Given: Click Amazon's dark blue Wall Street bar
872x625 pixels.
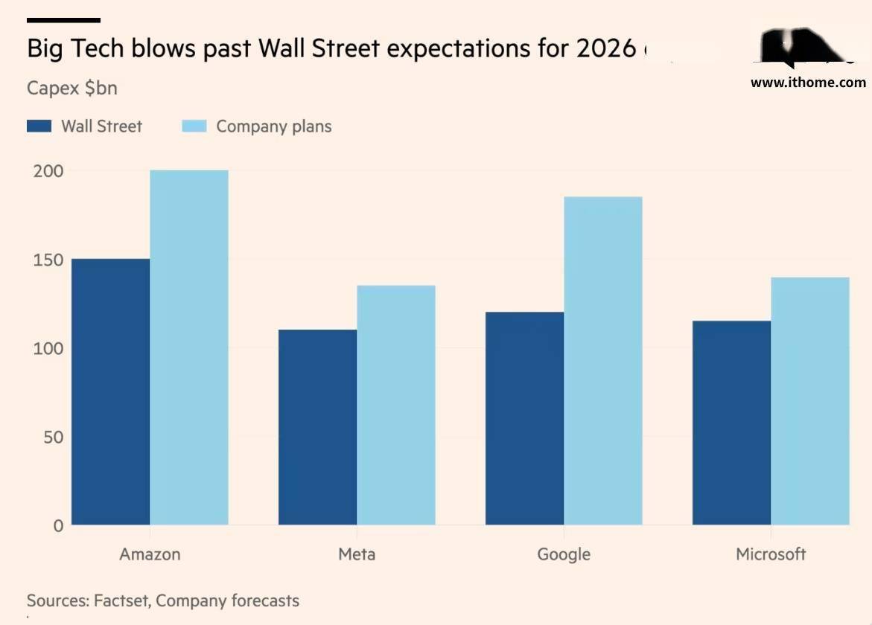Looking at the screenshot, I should pyautogui.click(x=111, y=392).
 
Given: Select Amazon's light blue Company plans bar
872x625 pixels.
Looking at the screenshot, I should pyautogui.click(x=189, y=347).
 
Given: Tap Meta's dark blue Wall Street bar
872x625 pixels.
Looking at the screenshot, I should pyautogui.click(x=317, y=427).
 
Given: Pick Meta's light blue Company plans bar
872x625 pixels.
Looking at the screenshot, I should pyautogui.click(x=396, y=406).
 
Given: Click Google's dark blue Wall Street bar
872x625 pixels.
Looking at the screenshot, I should pyautogui.click(x=524, y=418).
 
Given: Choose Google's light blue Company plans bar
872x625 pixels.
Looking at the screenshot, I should pyautogui.click(x=603, y=361).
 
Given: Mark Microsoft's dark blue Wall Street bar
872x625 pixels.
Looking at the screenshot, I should pyautogui.click(x=731, y=423).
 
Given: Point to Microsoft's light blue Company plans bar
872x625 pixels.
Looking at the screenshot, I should pyautogui.click(x=810, y=401).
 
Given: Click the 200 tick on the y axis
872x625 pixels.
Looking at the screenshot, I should pyautogui.click(x=48, y=171).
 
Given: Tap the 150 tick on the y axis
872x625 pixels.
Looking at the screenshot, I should pyautogui.click(x=48, y=260).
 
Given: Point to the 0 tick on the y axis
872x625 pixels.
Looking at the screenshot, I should pyautogui.click(x=57, y=526).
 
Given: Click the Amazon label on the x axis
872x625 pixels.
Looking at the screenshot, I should pyautogui.click(x=150, y=554).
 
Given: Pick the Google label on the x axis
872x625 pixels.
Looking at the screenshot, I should pyautogui.click(x=564, y=554).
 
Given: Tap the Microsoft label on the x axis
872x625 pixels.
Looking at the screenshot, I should pyautogui.click(x=771, y=554).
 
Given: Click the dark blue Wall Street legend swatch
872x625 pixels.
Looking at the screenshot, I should pyautogui.click(x=39, y=126).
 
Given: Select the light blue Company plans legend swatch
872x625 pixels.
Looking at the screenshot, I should pyautogui.click(x=194, y=126).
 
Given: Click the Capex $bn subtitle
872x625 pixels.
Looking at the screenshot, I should pyautogui.click(x=72, y=88).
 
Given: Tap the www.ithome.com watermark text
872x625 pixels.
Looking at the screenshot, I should pyautogui.click(x=808, y=83).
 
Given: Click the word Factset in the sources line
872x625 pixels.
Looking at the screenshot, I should pyautogui.click(x=121, y=600).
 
